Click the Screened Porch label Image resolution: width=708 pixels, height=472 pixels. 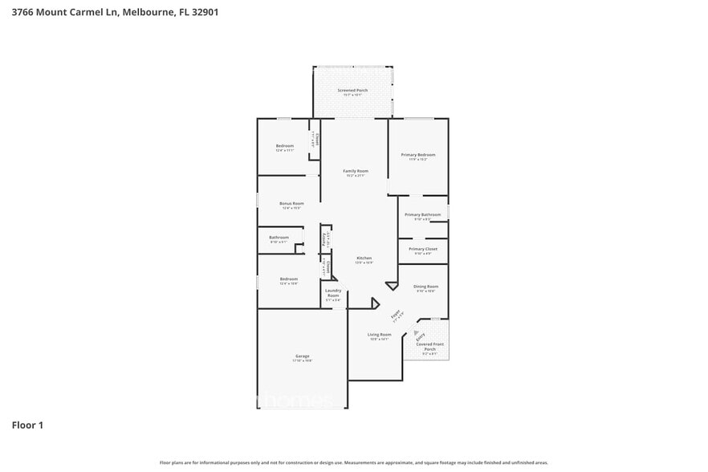(352, 91)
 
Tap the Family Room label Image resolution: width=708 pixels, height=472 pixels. (356, 171)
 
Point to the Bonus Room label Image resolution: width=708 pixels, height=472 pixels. (291, 204)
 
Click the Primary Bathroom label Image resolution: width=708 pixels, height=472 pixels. (422, 214)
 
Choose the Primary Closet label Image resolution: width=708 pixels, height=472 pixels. (422, 249)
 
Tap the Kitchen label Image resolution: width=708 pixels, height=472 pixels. (364, 258)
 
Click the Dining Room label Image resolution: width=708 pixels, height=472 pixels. (425, 287)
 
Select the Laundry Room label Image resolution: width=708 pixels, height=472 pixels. (333, 293)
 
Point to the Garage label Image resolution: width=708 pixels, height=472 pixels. (302, 356)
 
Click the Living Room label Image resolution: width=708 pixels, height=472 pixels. (380, 335)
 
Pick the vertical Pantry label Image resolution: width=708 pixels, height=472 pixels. (324, 238)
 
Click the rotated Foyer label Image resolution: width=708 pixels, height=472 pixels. (395, 315)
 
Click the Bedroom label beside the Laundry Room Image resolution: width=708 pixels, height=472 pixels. (288, 279)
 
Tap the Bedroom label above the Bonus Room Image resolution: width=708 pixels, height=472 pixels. (285, 146)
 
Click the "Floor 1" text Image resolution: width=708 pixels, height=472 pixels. (27, 425)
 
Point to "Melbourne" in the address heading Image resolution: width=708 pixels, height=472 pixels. (150, 12)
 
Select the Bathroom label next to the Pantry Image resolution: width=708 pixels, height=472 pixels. (279, 238)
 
